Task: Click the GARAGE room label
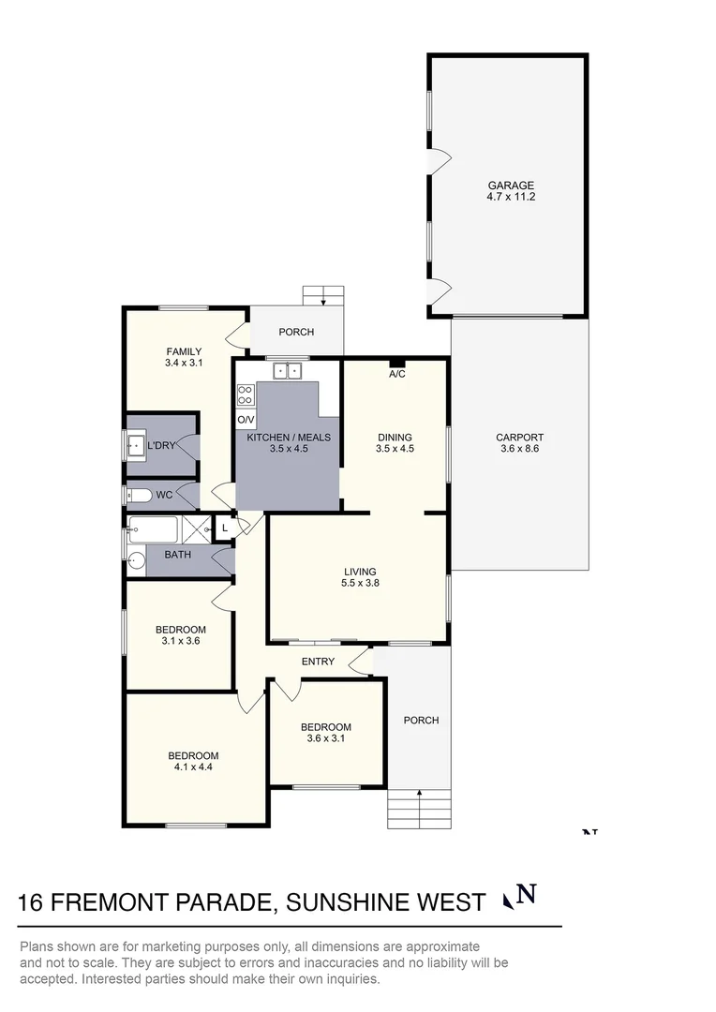click(x=510, y=186)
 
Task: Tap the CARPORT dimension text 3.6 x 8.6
click(x=520, y=449)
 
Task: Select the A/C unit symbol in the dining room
click(x=396, y=363)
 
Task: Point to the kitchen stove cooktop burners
click(x=246, y=394)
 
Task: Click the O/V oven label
click(x=246, y=421)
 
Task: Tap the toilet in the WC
click(x=135, y=495)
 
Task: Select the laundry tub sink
click(x=134, y=446)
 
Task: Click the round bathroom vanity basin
click(x=136, y=562)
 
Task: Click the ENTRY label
click(x=318, y=662)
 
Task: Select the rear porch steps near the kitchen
click(x=323, y=295)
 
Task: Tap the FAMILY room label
click(x=184, y=352)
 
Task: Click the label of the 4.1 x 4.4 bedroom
click(x=193, y=756)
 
